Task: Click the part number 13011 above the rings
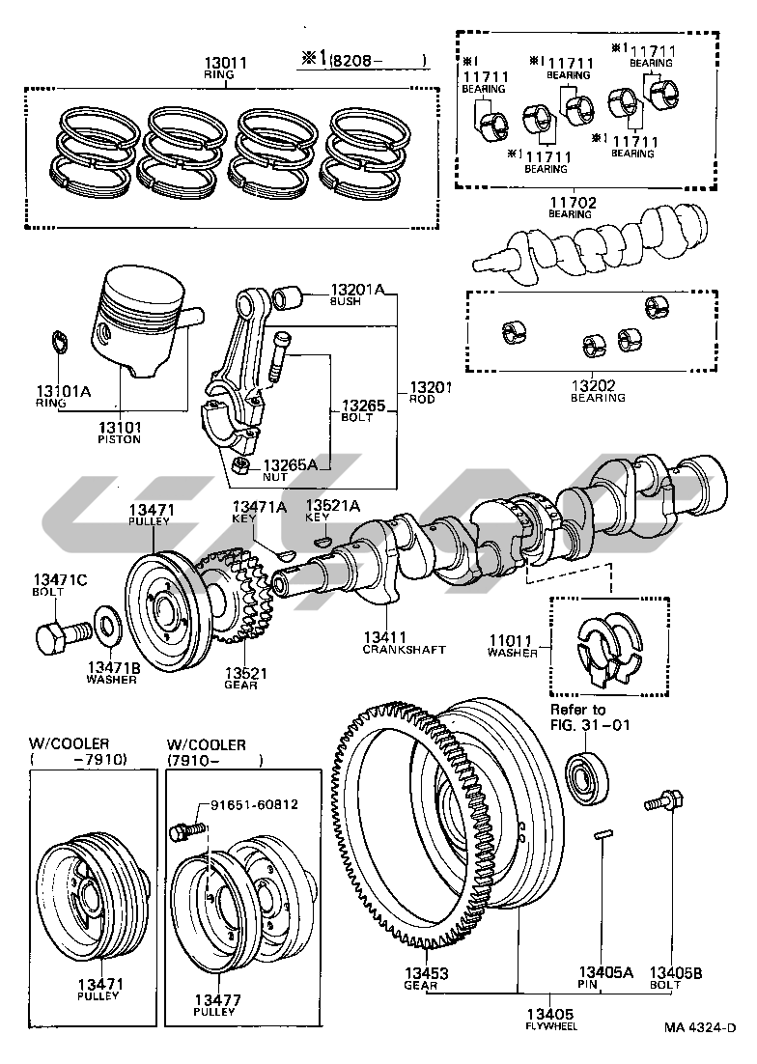(x=227, y=64)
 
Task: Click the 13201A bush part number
(x=357, y=289)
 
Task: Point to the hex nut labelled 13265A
(x=242, y=471)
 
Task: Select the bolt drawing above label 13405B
(x=664, y=802)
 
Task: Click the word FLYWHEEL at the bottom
(x=550, y=1026)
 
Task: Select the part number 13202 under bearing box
(x=598, y=385)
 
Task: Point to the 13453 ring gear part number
(x=421, y=972)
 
